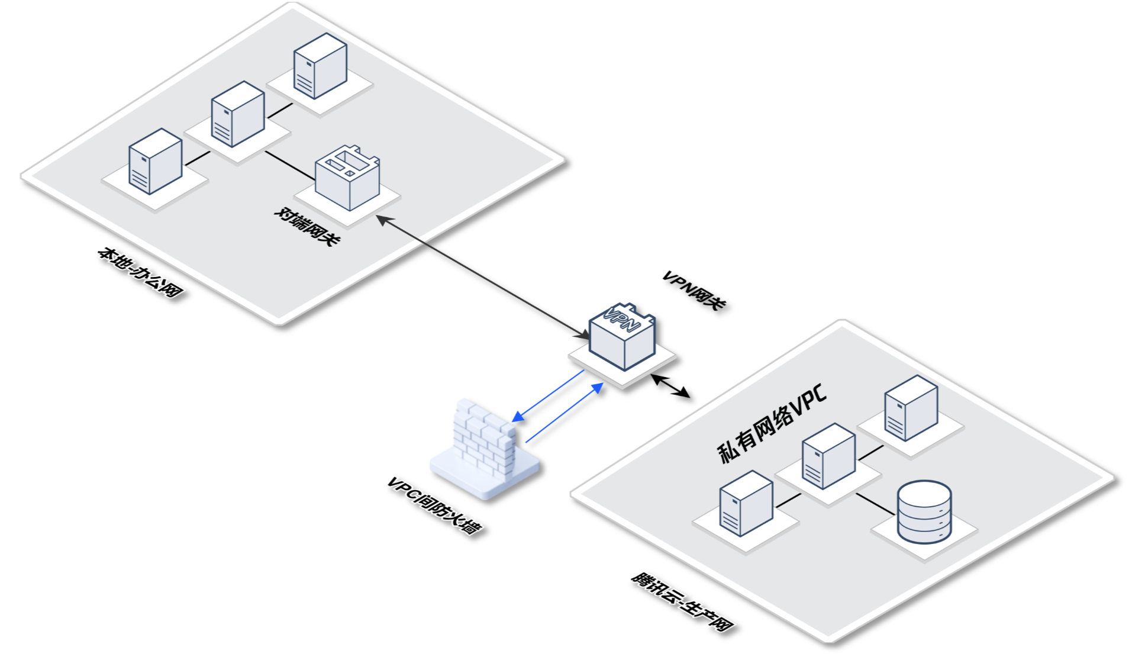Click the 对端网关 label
[307, 227]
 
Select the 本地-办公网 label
[140, 273]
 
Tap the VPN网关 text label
[694, 290]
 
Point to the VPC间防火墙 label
[434, 505]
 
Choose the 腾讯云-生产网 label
[682, 601]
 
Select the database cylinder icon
[924, 512]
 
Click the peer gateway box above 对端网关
[347, 178]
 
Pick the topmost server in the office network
[320, 66]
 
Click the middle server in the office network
[238, 114]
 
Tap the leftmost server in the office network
[156, 161]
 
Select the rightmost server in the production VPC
[911, 408]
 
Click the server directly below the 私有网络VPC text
[828, 456]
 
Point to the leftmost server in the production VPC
[746, 503]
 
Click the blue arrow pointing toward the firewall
[548, 396]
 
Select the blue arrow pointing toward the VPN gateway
[565, 412]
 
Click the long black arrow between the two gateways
[482, 277]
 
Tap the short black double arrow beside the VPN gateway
[670, 385]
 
